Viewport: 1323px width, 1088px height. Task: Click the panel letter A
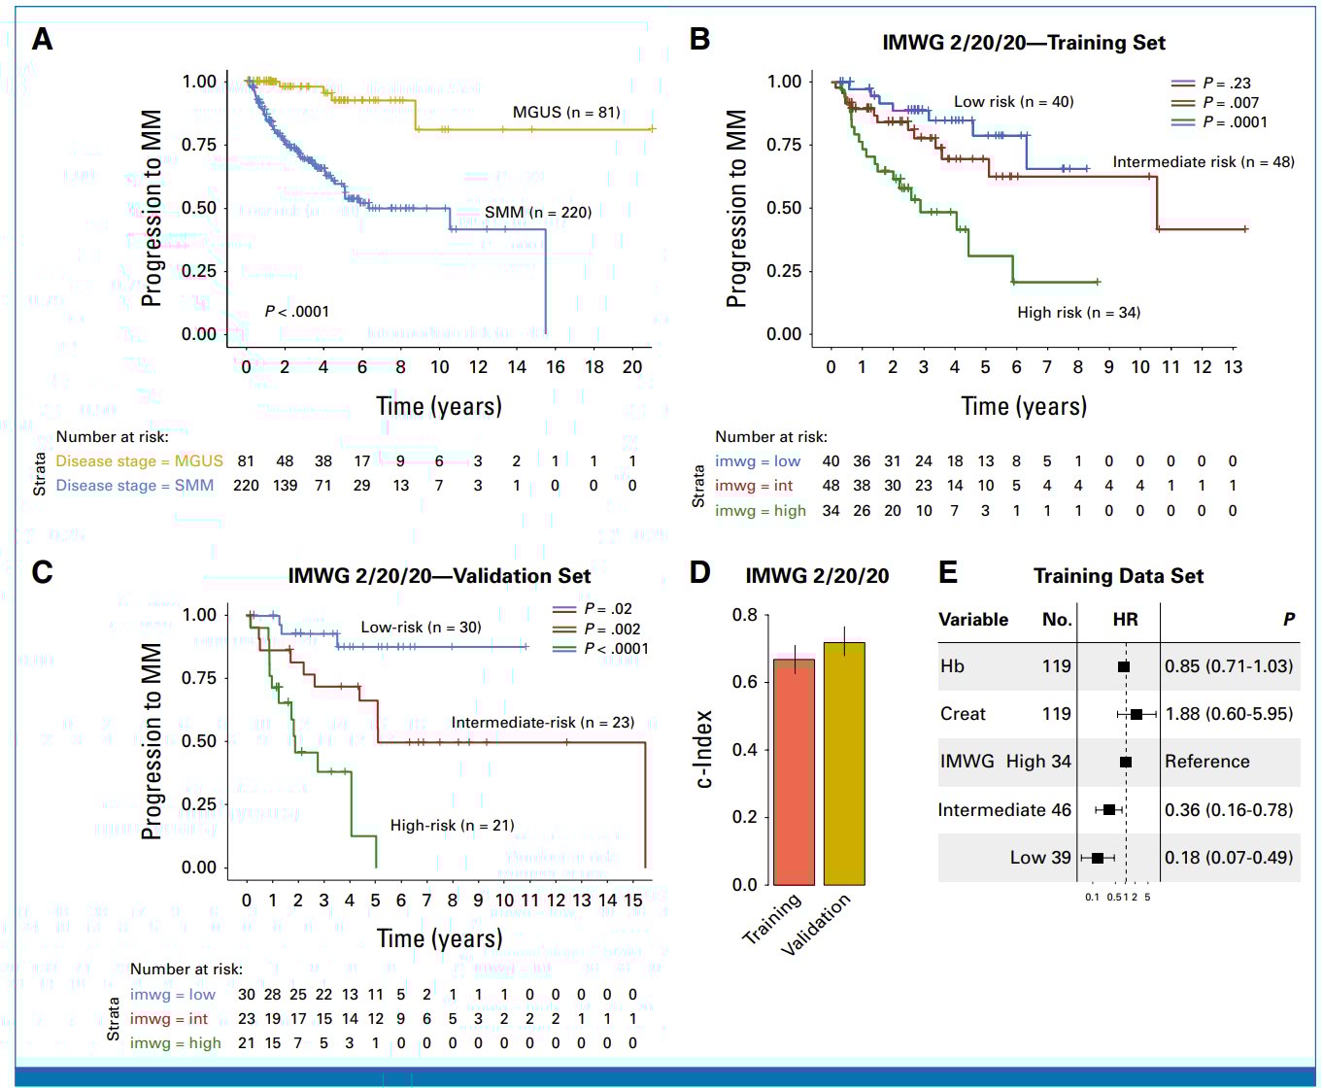42,40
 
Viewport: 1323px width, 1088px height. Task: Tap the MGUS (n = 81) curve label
566,112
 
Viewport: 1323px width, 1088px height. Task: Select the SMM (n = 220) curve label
537,212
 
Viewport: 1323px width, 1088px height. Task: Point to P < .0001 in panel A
296,311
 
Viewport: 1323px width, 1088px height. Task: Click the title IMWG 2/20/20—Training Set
1023,43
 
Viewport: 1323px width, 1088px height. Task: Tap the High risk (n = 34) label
1078,312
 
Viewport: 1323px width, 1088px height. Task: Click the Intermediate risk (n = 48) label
1203,161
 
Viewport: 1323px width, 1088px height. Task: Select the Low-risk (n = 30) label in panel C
421,627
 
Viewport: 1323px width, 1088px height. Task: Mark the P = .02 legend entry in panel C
607,609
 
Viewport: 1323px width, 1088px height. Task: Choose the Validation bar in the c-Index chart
844,764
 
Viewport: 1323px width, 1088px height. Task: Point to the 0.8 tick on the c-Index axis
745,615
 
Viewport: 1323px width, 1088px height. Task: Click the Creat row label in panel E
963,714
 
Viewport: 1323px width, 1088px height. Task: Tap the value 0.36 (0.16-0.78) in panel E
1229,809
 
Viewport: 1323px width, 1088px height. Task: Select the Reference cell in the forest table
1206,762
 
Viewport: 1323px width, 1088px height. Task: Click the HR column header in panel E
1125,619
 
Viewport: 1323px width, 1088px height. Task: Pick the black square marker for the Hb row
1124,666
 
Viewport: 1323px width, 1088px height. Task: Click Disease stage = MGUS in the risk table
139,460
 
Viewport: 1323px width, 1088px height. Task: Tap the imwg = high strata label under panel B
760,510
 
